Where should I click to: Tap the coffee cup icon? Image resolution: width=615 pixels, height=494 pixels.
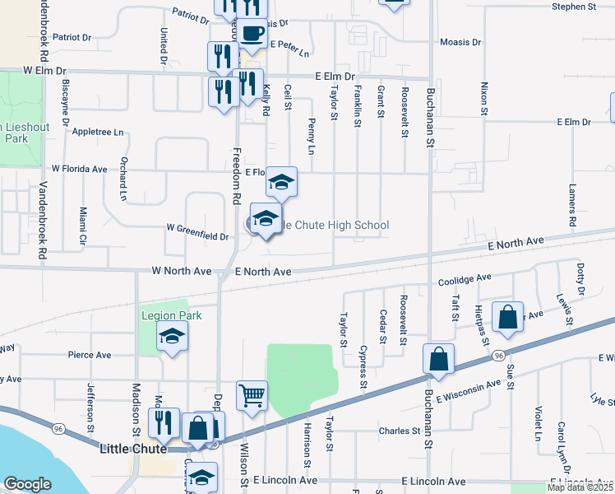(x=252, y=34)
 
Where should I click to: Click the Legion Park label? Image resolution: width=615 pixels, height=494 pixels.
(x=171, y=315)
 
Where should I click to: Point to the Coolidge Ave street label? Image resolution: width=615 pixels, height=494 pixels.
(x=464, y=278)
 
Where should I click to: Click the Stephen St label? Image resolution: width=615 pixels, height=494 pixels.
(x=574, y=7)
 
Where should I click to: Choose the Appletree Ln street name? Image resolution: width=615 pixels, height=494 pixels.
(x=98, y=132)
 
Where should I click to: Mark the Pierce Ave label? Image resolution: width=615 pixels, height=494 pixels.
(x=90, y=355)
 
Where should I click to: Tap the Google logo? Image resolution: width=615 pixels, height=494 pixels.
(x=27, y=484)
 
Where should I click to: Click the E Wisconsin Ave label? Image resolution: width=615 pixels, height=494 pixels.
(x=469, y=391)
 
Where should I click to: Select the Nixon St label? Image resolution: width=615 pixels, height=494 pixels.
(x=484, y=97)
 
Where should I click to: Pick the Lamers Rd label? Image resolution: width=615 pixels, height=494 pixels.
(x=571, y=205)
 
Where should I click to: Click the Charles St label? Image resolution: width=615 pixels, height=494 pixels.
(x=400, y=431)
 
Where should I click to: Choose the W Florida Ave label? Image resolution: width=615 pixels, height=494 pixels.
(x=79, y=169)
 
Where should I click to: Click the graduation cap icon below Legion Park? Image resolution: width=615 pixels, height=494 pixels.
(x=172, y=336)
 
